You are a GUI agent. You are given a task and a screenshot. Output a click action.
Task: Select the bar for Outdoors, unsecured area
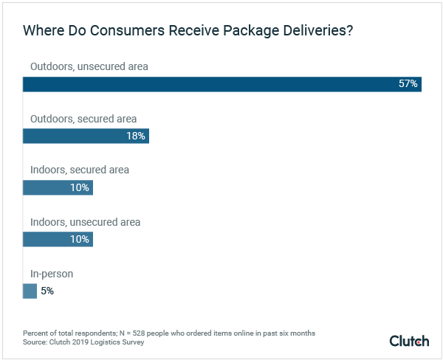tap(221, 84)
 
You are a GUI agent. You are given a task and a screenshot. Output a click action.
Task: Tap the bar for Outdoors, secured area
tap(86, 136)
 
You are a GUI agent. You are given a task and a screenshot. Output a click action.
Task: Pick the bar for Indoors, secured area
tap(58, 187)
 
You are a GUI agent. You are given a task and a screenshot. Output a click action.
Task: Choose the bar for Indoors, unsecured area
tap(58, 239)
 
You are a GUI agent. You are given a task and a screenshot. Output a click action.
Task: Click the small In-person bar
tap(30, 291)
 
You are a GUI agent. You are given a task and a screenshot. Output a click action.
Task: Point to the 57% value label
tap(408, 84)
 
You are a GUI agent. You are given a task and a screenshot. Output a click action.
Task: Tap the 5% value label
tap(47, 291)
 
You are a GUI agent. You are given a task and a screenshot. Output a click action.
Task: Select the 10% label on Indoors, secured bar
tap(80, 187)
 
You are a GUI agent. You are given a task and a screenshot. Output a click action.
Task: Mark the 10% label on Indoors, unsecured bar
tap(80, 239)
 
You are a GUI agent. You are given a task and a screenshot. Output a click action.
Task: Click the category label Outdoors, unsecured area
tap(89, 66)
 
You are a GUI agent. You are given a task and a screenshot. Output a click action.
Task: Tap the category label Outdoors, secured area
tap(83, 118)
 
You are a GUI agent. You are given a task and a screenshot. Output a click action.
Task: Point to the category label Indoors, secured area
tap(80, 170)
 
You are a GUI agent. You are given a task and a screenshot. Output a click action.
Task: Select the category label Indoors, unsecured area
tap(85, 221)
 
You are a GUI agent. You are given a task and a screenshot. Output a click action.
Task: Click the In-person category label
tap(52, 274)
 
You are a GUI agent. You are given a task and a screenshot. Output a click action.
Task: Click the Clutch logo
tap(409, 340)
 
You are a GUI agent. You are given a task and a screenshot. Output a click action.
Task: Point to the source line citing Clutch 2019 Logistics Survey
tap(83, 342)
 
